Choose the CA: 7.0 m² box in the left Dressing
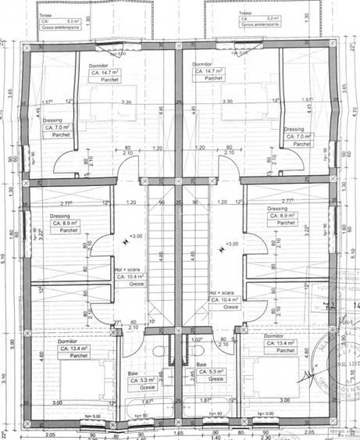click(x=58, y=127)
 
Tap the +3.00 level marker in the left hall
click(x=135, y=236)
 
